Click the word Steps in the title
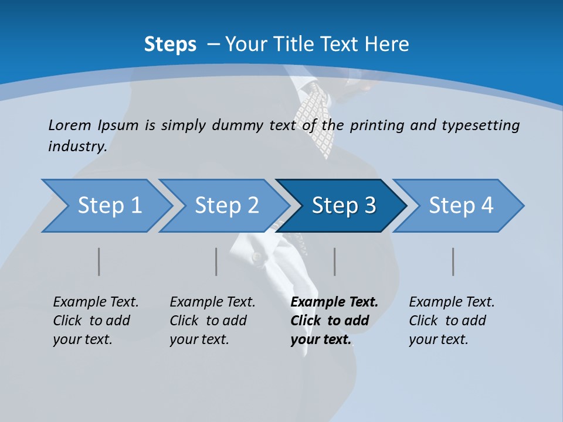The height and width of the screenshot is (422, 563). [170, 45]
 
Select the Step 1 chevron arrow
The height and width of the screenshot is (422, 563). [108, 206]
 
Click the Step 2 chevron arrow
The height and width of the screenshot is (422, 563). [226, 206]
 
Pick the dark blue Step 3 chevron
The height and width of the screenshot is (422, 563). [342, 206]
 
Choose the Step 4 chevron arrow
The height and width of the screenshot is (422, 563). [460, 206]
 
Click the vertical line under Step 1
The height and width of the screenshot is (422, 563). [99, 261]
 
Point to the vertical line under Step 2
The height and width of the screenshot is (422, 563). [216, 261]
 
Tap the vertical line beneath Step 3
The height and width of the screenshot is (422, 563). [335, 261]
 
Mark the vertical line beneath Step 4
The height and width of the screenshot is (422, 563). [453, 261]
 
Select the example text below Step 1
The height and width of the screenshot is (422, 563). [96, 321]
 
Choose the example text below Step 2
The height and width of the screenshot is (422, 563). [212, 321]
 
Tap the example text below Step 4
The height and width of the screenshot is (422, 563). [452, 321]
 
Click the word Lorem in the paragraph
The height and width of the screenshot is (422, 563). [69, 125]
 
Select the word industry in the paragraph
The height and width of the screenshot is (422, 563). [77, 147]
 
